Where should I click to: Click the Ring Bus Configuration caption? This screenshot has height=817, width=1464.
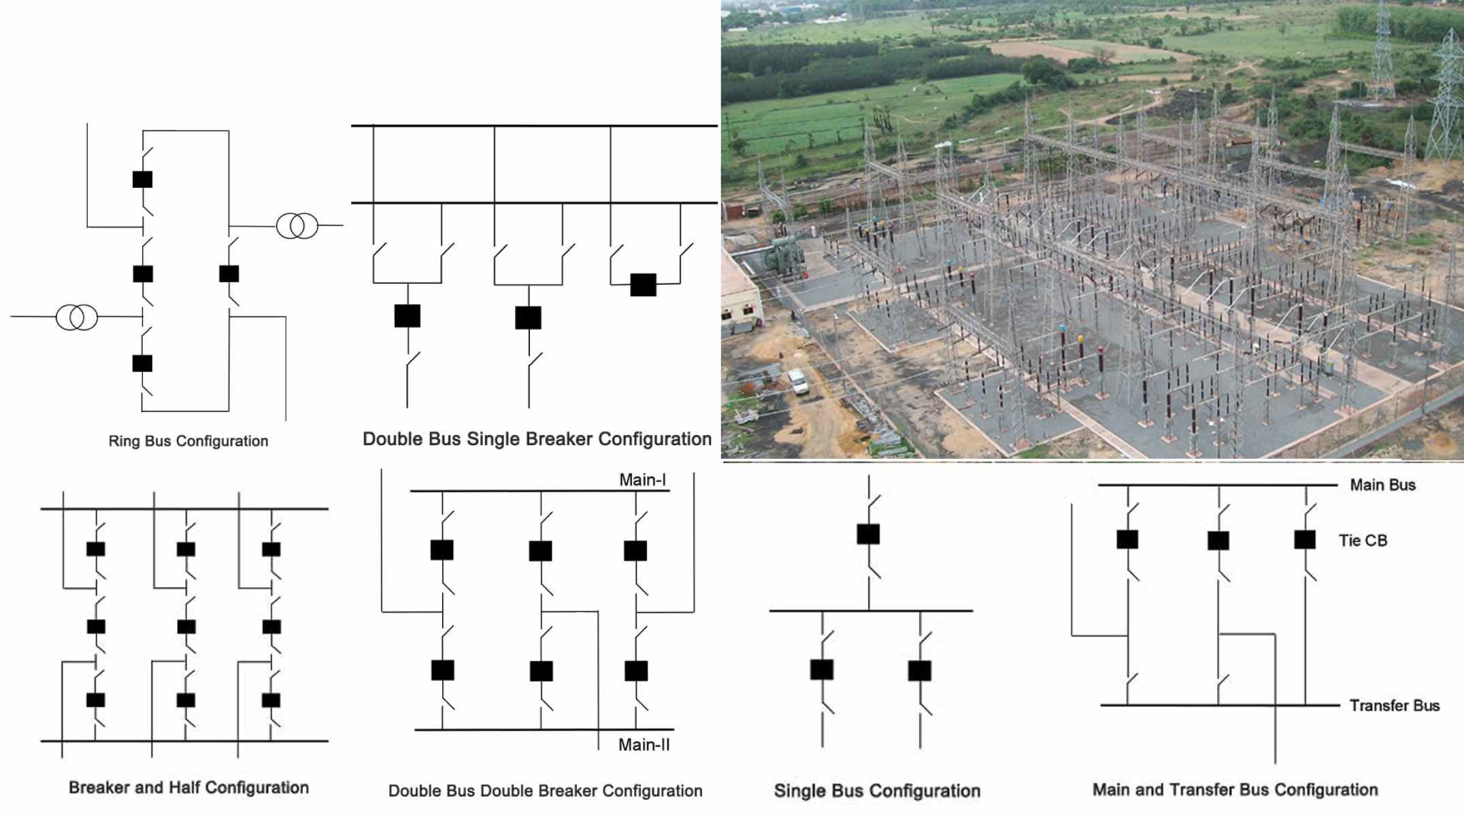point(188,441)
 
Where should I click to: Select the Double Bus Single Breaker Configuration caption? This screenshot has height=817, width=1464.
point(537,439)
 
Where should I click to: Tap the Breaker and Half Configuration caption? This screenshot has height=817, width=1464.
point(188,788)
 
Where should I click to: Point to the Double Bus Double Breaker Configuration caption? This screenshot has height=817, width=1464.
point(545,791)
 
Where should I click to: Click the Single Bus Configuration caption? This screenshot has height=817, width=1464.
point(877,791)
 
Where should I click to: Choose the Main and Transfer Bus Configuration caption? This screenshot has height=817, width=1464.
point(1235,790)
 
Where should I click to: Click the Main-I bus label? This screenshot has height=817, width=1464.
point(642,480)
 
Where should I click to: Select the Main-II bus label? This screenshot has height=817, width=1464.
point(644,745)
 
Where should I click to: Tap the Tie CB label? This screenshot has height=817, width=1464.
point(1363,541)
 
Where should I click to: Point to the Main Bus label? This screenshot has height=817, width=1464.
point(1382,485)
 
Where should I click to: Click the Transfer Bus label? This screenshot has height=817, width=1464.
point(1394,705)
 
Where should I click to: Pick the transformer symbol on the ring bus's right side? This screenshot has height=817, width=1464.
point(297,225)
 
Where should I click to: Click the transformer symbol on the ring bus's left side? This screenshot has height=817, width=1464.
point(77,317)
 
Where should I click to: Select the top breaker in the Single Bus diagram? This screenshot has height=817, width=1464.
point(868,534)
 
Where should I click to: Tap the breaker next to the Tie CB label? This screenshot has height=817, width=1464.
point(1304,539)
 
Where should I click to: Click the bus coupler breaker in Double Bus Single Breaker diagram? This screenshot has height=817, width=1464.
point(643,285)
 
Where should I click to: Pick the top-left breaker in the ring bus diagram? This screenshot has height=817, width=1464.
point(142,179)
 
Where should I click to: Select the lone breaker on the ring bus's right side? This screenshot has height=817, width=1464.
point(229,274)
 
